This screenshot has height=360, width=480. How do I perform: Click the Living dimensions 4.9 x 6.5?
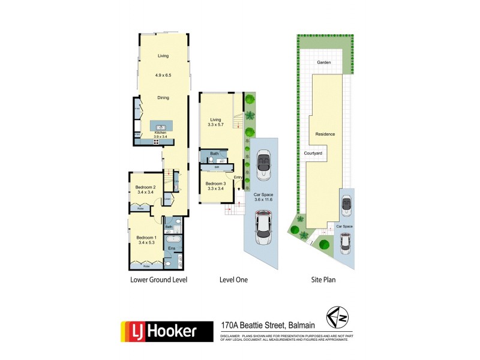pyautogui.click(x=163, y=75)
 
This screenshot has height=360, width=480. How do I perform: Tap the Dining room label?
pyautogui.click(x=163, y=97)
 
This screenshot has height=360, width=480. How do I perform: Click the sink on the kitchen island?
pyautogui.click(x=161, y=127)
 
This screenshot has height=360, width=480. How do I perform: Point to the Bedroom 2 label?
pyautogui.click(x=145, y=189)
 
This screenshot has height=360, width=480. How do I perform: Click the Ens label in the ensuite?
pyautogui.click(x=171, y=247)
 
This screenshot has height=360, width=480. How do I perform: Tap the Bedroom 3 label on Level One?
pyautogui.click(x=215, y=185)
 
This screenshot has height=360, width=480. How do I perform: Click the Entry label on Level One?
pyautogui.click(x=238, y=177)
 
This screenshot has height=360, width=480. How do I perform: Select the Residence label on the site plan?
pyautogui.click(x=325, y=134)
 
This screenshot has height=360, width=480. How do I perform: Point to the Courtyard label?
pyautogui.click(x=313, y=154)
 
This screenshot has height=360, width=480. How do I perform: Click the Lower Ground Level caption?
pyautogui.click(x=159, y=280)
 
